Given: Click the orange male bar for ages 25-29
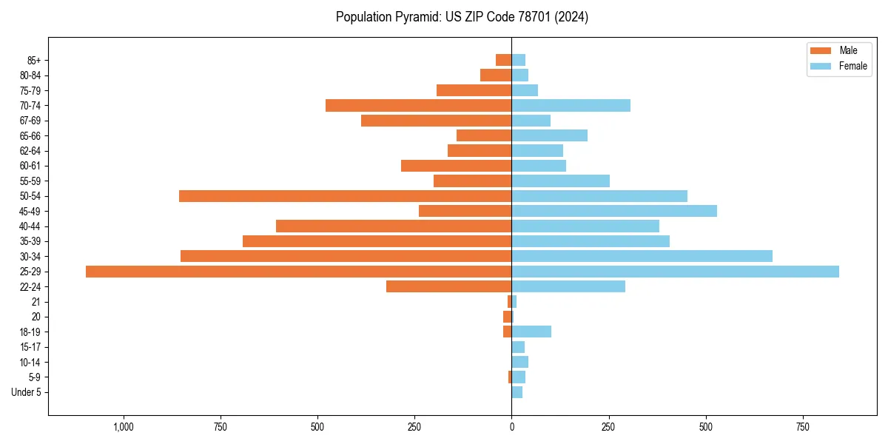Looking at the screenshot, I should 298,272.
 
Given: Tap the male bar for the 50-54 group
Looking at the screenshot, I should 345,196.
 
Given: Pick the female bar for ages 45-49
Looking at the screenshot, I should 614,211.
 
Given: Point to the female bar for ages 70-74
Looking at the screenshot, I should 571,106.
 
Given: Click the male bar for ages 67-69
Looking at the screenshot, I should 436,121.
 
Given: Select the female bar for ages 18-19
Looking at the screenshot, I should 531,332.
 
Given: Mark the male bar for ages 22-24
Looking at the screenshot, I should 448,286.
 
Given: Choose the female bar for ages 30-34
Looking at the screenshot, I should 642,256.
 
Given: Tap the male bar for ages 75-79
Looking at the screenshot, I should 474,90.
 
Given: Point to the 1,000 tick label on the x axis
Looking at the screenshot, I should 124,427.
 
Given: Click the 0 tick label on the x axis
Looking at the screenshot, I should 511,427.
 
